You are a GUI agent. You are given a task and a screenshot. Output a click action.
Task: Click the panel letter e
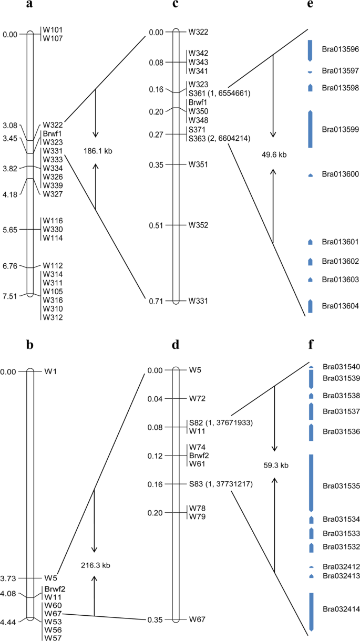pyautogui.click(x=310, y=6)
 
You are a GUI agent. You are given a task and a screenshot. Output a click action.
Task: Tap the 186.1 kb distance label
pyautogui.click(x=98, y=151)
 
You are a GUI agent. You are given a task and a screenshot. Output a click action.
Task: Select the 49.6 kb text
pyautogui.click(x=274, y=154)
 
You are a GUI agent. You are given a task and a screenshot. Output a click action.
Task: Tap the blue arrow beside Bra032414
pyautogui.click(x=311, y=611)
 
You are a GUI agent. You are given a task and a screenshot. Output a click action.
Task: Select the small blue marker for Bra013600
pyautogui.click(x=310, y=174)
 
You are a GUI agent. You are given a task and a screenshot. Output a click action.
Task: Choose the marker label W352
pyautogui.click(x=198, y=225)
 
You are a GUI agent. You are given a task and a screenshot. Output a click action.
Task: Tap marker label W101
pyautogui.click(x=53, y=30)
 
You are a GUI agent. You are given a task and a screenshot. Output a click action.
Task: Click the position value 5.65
pyautogui.click(x=10, y=230)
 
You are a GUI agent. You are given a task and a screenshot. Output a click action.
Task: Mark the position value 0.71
pyautogui.click(x=157, y=301)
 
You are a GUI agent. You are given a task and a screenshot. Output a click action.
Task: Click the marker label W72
pyautogui.click(x=197, y=399)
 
